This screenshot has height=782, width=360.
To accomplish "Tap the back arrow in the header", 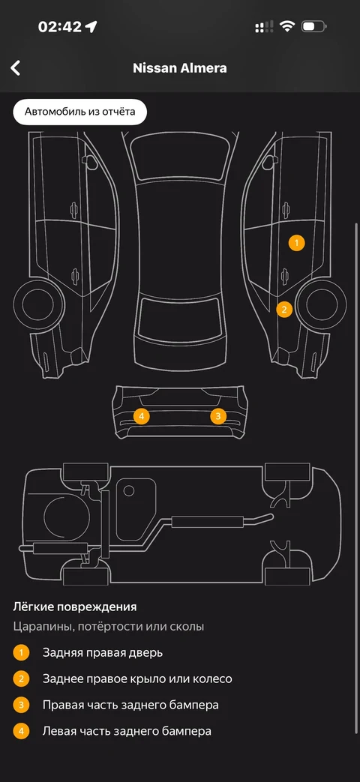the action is tap(16, 67).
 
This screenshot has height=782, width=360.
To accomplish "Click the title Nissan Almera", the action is tap(179, 67).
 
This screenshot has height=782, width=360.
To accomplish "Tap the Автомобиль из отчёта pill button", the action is tap(79, 112).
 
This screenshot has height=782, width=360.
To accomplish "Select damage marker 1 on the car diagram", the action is tap(296, 243).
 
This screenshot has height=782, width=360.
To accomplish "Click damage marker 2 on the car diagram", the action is tap(284, 309).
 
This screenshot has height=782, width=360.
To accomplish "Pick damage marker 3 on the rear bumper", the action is tap(218, 416).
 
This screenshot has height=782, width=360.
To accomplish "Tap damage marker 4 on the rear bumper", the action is tap(142, 416).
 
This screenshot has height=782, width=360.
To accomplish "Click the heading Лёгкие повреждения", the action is tap(75, 607).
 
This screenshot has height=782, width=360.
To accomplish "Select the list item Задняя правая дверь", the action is tap(103, 652).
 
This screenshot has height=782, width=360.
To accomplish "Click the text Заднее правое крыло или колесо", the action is tap(137, 679).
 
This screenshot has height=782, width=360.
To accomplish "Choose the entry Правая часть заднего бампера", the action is tap(130, 706).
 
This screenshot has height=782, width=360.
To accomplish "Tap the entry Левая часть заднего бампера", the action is tap(127, 731).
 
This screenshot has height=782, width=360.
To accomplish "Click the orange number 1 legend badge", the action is tap(22, 652).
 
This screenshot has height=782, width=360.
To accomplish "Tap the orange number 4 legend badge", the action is tap(22, 731).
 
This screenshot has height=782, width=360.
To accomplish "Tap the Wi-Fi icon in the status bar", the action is tap(287, 26).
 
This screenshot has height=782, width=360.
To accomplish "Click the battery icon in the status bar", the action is tap(314, 26).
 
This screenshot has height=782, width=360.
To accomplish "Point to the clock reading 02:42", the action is tap(60, 26).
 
